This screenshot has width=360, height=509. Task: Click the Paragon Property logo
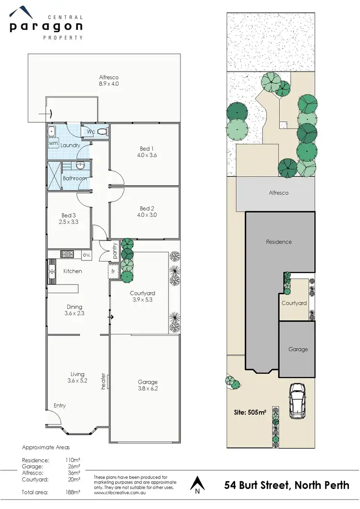(47, 23)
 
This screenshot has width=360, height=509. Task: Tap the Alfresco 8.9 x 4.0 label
(108, 80)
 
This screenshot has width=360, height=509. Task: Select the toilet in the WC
(101, 131)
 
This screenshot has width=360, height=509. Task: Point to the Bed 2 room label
(148, 212)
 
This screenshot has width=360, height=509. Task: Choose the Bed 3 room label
(69, 219)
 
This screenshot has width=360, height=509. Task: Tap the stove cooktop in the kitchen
(66, 255)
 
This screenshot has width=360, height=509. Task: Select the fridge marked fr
(113, 271)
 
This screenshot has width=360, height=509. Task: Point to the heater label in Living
(103, 381)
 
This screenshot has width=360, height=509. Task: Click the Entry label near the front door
(60, 406)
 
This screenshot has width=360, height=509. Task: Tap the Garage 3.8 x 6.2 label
(147, 385)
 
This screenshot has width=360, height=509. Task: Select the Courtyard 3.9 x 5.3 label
(142, 296)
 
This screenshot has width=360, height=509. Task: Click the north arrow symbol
(196, 485)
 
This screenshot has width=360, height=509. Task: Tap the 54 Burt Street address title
(287, 485)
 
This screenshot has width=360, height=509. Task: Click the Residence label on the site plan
(279, 242)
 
